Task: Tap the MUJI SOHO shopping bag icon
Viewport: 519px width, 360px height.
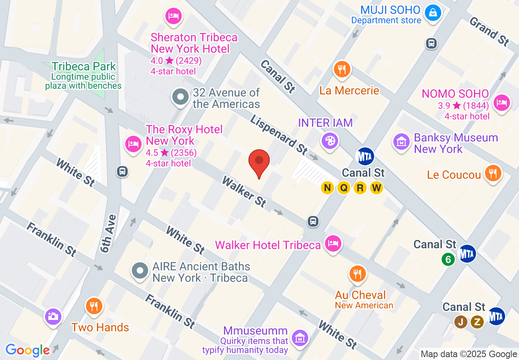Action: pos(432,12)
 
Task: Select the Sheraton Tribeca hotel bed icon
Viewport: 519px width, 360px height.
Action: pos(174,16)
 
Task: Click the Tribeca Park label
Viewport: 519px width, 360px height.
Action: pos(84,67)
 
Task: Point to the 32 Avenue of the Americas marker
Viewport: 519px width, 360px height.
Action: pos(180,97)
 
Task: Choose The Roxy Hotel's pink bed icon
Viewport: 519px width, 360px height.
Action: pos(133,144)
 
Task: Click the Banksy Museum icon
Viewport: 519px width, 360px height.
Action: pos(402,142)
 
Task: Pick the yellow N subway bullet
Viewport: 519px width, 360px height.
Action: pos(327,188)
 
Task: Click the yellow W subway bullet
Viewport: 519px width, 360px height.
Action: pos(376,188)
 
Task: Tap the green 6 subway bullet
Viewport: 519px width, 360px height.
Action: pos(448,259)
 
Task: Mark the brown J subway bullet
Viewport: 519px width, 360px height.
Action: pos(460,322)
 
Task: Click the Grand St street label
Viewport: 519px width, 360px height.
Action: pos(489,31)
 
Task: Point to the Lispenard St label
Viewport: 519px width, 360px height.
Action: pos(278,134)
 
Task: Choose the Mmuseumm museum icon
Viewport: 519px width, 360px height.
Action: pos(300,338)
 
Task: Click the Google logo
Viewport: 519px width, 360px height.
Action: pos(27,350)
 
